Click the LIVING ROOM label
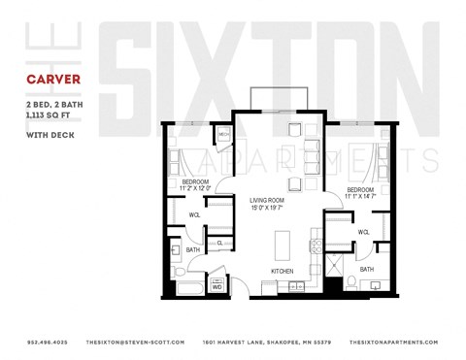click(265, 198)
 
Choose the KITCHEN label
click(282, 271)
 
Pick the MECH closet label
click(222, 134)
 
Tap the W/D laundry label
click(217, 287)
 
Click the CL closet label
click(220, 243)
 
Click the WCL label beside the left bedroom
click(194, 214)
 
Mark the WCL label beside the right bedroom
click(363, 232)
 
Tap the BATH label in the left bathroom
click(192, 249)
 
